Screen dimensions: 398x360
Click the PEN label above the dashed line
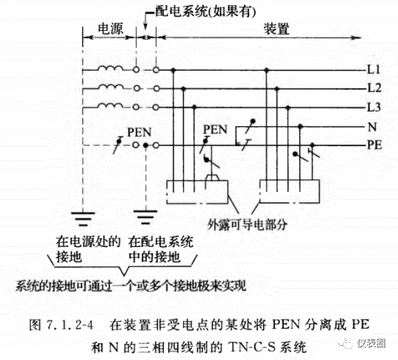139,132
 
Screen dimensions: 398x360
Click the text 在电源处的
88,243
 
